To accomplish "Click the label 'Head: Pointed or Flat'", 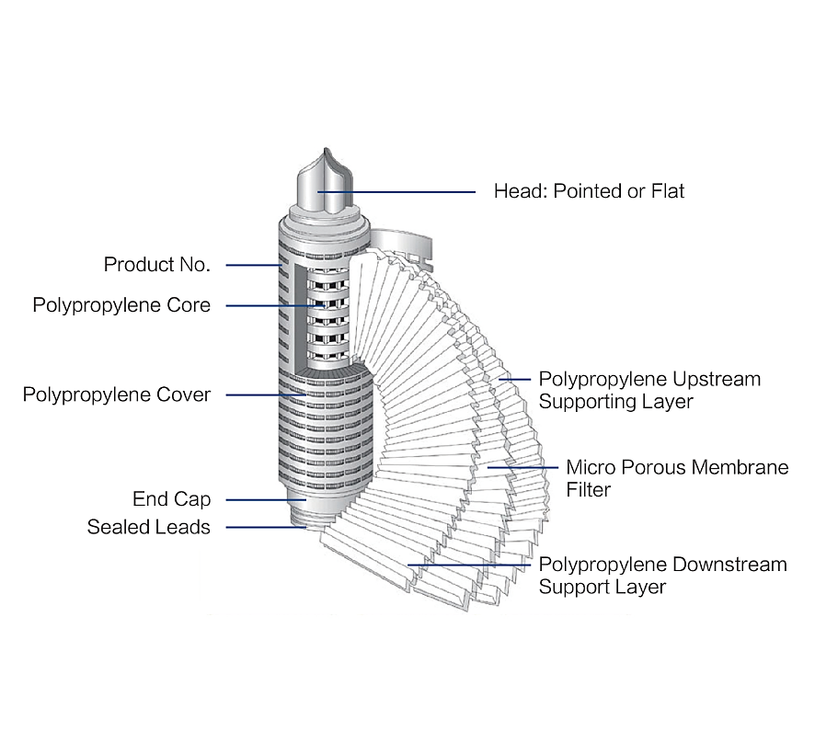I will point(589,191).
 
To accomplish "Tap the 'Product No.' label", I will point(156,265).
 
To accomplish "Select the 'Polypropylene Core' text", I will point(121,305).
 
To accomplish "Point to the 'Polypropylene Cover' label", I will point(117,394).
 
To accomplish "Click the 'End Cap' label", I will point(171,499).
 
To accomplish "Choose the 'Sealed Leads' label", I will point(148,527).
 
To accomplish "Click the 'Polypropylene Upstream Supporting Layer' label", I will point(649,390).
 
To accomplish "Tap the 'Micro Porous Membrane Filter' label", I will point(676,478).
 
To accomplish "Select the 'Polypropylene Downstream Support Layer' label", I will point(662,575).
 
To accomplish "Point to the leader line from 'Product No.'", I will point(253,265).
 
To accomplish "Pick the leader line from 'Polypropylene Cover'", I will point(267,394).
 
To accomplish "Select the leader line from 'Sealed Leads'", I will point(267,527).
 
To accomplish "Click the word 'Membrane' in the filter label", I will point(743,467).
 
